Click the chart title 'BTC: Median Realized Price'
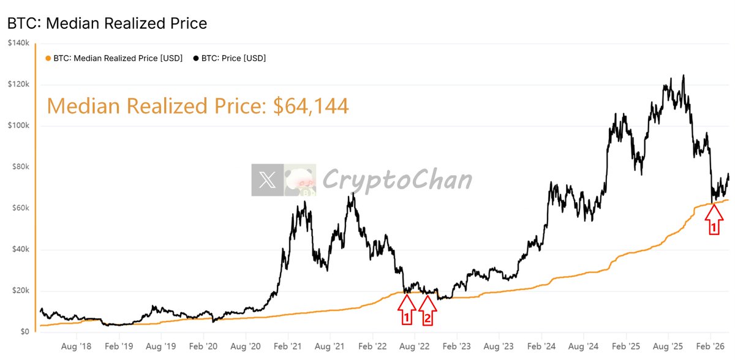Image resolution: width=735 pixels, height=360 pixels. [x=107, y=24]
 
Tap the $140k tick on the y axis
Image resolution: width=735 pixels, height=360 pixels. [x=19, y=43]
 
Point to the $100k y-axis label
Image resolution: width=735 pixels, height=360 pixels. [x=19, y=126]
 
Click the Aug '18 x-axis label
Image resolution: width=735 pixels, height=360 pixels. [x=77, y=345]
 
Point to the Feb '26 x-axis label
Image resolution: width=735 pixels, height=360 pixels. [x=710, y=345]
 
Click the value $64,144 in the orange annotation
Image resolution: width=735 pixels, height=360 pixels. [x=311, y=107]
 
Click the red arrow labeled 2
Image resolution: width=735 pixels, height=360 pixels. [x=428, y=309]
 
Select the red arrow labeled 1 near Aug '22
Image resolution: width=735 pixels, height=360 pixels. [x=405, y=309]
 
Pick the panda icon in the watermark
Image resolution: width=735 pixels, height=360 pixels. [x=300, y=180]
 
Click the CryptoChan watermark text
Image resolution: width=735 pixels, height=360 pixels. [x=397, y=180]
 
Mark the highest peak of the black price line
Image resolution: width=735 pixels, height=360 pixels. [x=684, y=76]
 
